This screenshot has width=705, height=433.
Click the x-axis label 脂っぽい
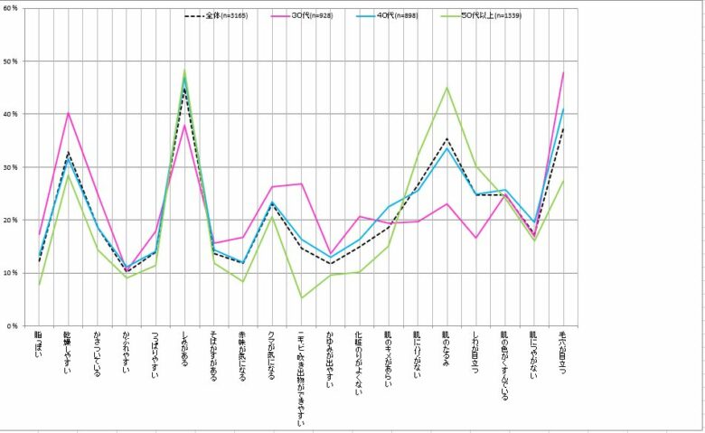(38, 347)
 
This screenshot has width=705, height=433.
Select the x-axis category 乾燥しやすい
(68, 354)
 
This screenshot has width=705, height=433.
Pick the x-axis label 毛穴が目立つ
(563, 353)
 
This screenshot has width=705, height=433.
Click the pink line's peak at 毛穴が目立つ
(564, 72)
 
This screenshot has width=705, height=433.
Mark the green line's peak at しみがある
(184, 70)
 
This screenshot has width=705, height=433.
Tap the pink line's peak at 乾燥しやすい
(68, 113)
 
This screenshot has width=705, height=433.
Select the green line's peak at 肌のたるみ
(447, 88)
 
